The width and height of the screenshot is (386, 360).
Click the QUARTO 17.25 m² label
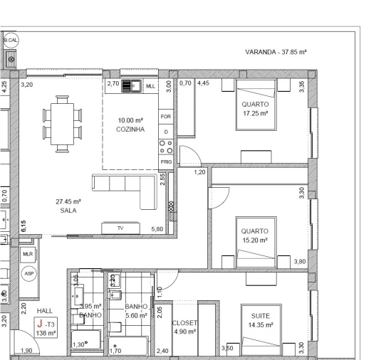pyautogui.click(x=254, y=108)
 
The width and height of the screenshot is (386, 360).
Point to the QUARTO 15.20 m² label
pyautogui.click(x=254, y=235)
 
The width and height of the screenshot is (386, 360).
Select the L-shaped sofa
pyautogui.click(x=135, y=189)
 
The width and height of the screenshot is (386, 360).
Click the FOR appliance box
pyautogui.click(x=166, y=117)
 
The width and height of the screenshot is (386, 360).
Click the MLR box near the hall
pyautogui.click(x=28, y=253)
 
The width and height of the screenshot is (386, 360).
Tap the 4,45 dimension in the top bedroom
pyautogui.click(x=203, y=84)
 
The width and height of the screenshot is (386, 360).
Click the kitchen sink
pyautogui.click(x=132, y=86)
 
